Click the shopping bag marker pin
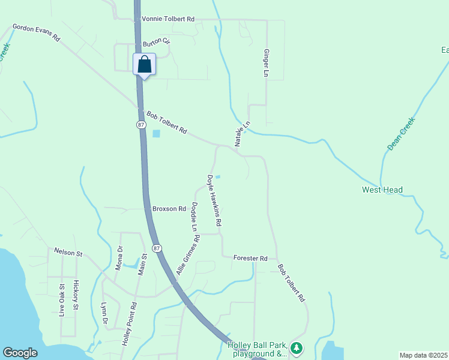tap(145, 64)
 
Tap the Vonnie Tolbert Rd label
tap(168, 19)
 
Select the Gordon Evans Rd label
tap(37, 33)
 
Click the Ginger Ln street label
tap(265, 63)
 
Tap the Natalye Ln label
tap(242, 133)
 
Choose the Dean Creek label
tap(401, 134)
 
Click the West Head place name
tap(382, 190)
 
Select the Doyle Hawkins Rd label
tap(215, 200)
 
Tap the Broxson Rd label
tap(169, 209)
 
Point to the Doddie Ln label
tap(194, 217)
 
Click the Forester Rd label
tap(250, 258)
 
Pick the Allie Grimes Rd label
tap(188, 256)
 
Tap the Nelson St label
tap(68, 253)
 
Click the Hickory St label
tap(76, 295)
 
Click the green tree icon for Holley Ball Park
tap(295, 347)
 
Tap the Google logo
tap(20, 353)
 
